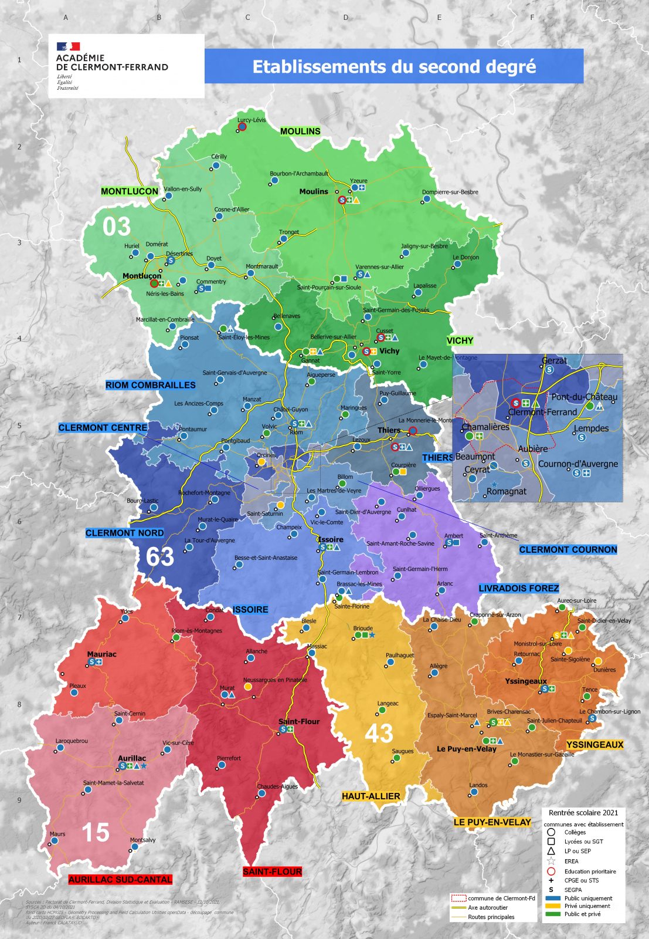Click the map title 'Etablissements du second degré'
(394, 66)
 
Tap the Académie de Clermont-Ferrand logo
(111, 64)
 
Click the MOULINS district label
(300, 131)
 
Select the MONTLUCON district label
(130, 191)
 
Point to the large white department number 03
(116, 227)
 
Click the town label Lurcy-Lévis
(252, 120)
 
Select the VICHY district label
(460, 341)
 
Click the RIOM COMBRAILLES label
(151, 385)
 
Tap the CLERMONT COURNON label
(568, 550)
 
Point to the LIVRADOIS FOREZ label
(519, 588)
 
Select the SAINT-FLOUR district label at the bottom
(272, 872)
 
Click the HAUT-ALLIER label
(371, 796)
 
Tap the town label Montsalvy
(143, 840)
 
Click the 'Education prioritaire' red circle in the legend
(551, 872)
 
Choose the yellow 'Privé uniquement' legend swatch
(553, 906)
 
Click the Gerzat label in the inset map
(554, 361)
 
